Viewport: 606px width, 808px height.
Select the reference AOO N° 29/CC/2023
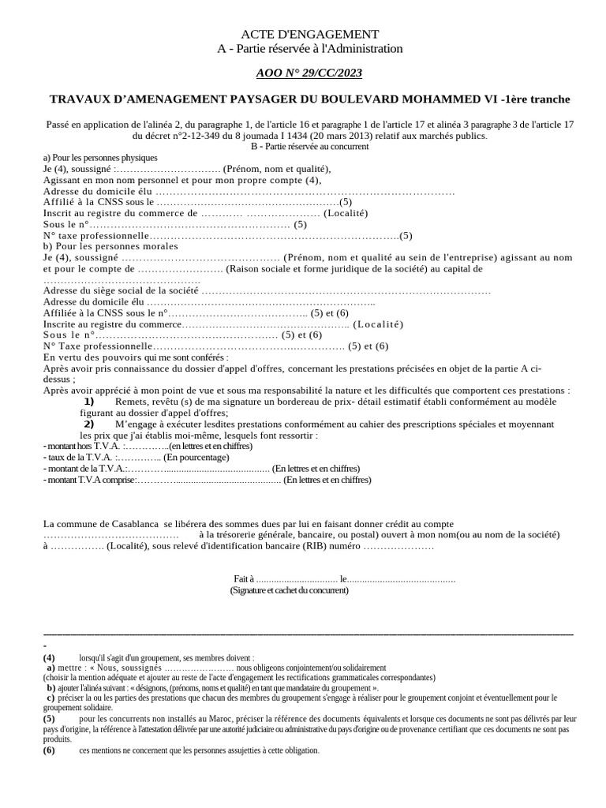(309, 73)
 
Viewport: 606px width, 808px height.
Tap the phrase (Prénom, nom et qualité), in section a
(277, 169)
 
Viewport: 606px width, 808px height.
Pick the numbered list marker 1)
(89, 402)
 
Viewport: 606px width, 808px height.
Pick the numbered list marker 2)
(89, 424)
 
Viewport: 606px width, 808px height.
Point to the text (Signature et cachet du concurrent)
(289, 590)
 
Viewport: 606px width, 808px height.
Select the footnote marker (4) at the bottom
(49, 657)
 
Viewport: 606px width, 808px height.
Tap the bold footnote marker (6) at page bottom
(49, 750)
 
